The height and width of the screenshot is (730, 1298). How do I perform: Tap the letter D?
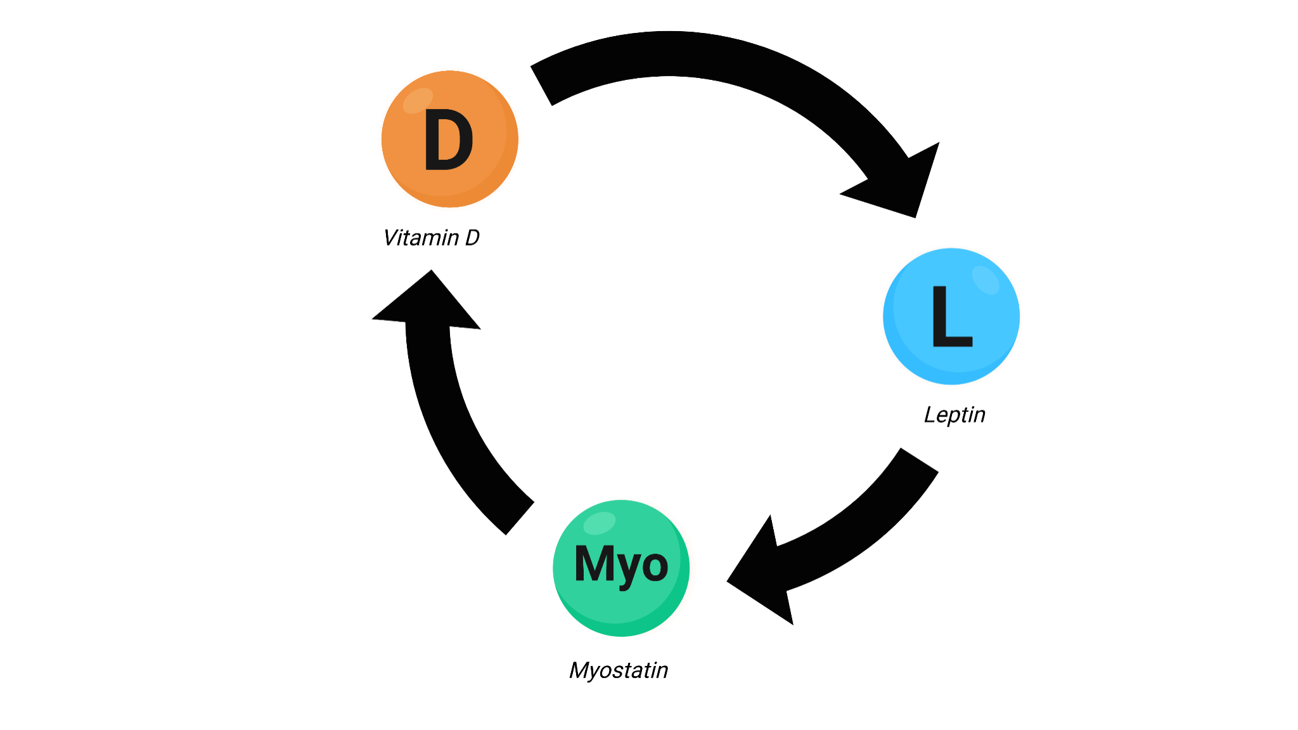click(448, 140)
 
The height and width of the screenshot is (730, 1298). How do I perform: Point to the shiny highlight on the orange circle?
click(418, 100)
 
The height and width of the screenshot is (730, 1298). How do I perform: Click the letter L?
click(951, 316)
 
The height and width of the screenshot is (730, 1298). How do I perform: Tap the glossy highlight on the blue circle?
click(986, 280)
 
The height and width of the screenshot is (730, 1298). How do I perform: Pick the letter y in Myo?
click(627, 568)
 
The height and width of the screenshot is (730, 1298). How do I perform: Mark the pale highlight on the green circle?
click(599, 523)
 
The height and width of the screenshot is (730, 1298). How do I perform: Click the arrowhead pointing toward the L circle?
click(900, 184)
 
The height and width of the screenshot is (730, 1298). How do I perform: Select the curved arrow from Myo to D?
click(444, 412)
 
